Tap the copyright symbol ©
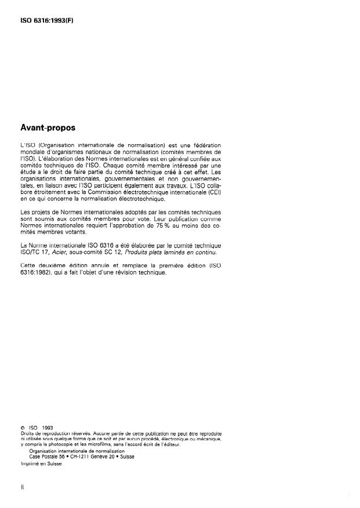click(21, 428)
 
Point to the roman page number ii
click(21, 489)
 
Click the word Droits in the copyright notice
click(27, 433)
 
